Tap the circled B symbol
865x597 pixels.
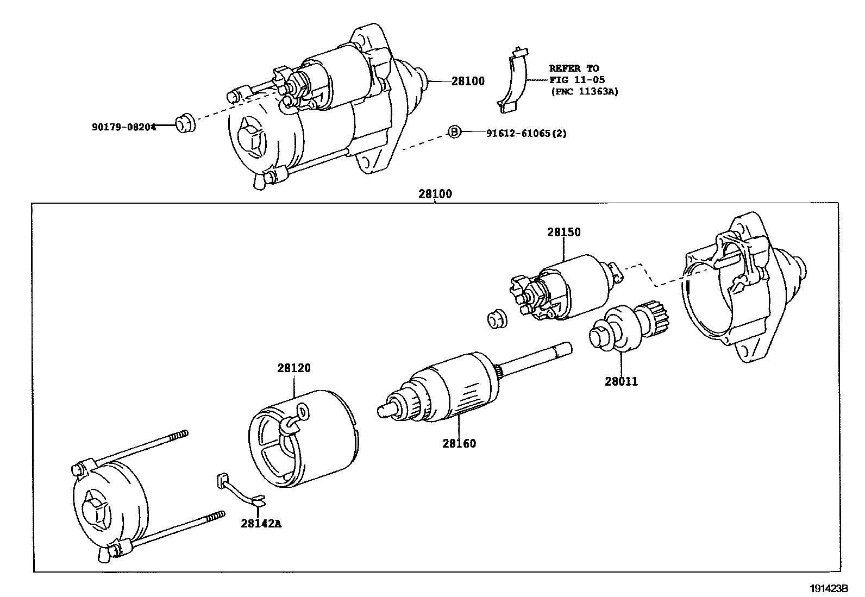(x=454, y=131)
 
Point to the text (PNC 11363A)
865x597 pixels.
(x=585, y=91)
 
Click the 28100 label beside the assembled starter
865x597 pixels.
(x=468, y=81)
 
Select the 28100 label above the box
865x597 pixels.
(x=435, y=193)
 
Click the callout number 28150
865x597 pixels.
(x=563, y=232)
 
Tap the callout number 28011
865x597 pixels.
(x=621, y=381)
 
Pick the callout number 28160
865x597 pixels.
(x=459, y=443)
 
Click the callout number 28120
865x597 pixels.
(x=293, y=368)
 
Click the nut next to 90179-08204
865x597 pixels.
(x=186, y=122)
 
